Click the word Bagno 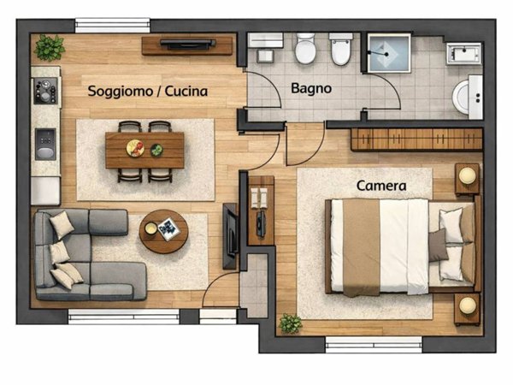click(311, 88)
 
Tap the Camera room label click(381, 185)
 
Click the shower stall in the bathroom click(390, 53)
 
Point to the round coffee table click(163, 230)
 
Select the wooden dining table click(144, 151)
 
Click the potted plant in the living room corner click(49, 47)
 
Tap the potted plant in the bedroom click(291, 323)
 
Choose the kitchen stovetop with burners click(44, 91)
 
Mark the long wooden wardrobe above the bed click(416, 139)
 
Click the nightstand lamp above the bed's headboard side click(467, 176)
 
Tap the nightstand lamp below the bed click(467, 305)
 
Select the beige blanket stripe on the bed click(361, 246)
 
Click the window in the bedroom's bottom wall click(374, 345)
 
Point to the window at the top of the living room click(107, 26)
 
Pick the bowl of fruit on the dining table click(134, 148)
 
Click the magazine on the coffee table click(168, 228)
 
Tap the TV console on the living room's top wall click(187, 45)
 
